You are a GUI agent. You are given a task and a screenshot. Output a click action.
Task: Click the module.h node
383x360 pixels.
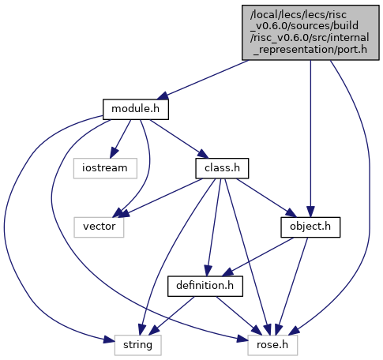[x=136, y=109]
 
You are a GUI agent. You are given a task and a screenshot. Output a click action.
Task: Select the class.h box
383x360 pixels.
[x=222, y=168]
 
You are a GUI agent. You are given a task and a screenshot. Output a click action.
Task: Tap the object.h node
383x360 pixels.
[x=310, y=227]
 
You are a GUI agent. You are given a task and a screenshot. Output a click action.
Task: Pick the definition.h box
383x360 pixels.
[x=205, y=286]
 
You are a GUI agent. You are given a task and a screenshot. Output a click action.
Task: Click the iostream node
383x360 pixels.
[x=105, y=168]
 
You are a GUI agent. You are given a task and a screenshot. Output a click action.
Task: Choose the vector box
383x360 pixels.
[x=99, y=227]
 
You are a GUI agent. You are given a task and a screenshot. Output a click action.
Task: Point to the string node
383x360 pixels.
[x=137, y=345]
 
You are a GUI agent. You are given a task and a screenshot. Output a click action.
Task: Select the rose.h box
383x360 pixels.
[x=272, y=345]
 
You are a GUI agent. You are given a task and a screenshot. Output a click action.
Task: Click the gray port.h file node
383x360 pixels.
[x=310, y=32]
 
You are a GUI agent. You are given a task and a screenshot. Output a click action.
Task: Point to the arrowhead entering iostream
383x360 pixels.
[x=114, y=153]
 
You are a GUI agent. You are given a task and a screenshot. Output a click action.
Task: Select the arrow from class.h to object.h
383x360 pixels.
[x=267, y=197]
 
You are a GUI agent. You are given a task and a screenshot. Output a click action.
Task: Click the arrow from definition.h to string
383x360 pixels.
[x=171, y=316]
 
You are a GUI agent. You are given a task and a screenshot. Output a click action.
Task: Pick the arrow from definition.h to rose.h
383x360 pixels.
[x=238, y=316]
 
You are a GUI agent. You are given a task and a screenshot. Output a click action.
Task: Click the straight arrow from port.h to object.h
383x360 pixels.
[x=310, y=139]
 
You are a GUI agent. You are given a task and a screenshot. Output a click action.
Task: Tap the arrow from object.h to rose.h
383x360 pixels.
[x=292, y=286]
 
